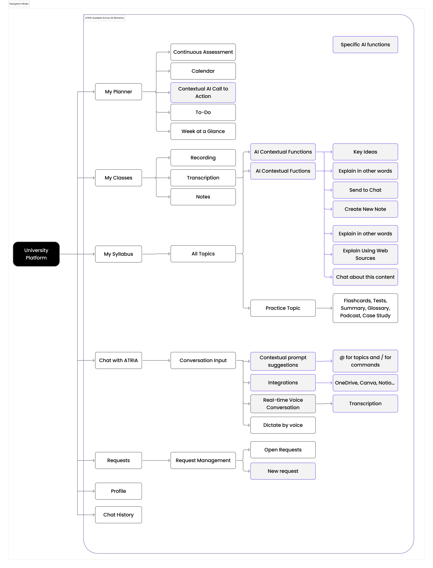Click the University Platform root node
(x=36, y=254)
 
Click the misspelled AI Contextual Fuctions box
(x=283, y=171)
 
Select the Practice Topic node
(x=283, y=308)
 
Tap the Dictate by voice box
(x=283, y=425)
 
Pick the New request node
(x=283, y=471)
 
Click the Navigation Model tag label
(x=19, y=4)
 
